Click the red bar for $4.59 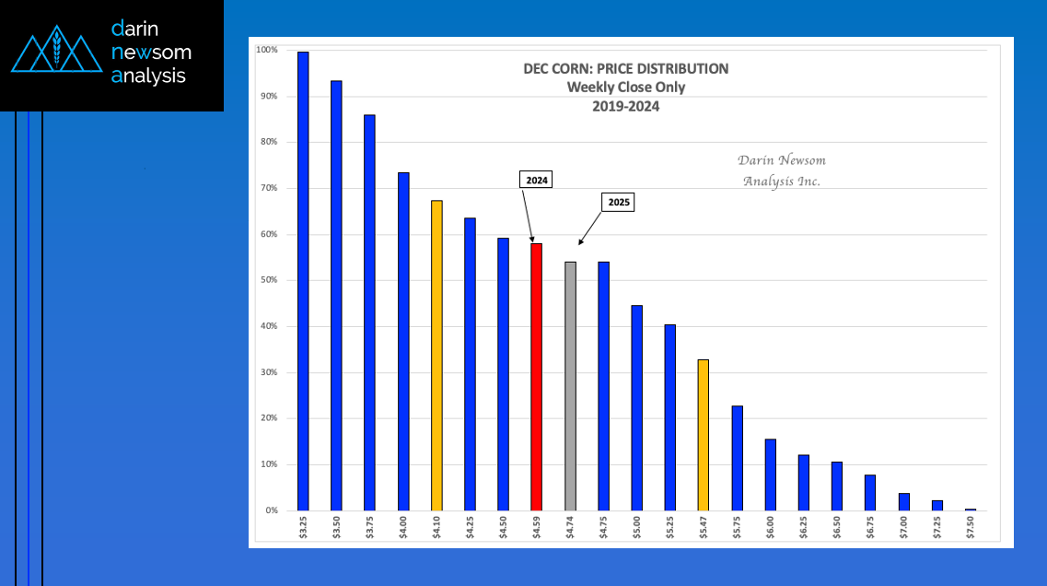536,377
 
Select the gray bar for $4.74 570,386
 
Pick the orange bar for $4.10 436,355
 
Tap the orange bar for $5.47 704,435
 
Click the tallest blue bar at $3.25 303,281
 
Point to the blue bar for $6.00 770,475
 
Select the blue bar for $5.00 636,407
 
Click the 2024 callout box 535,181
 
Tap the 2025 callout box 620,202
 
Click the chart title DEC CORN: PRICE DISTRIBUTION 625,69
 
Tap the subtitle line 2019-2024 625,106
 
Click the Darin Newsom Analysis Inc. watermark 783,170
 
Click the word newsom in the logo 151,53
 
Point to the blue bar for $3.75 369,312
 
